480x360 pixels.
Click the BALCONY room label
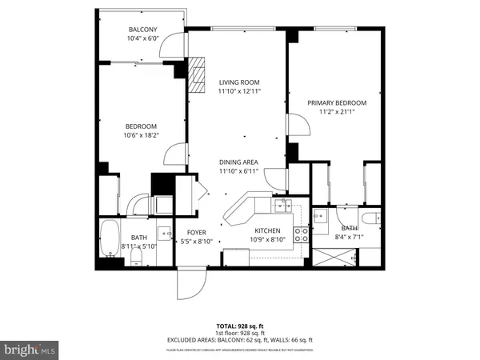click(x=143, y=30)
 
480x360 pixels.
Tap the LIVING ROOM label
click(x=239, y=82)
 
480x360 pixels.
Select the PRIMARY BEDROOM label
click(x=337, y=102)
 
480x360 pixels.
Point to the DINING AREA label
click(x=239, y=162)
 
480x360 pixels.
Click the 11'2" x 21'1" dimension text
click(x=337, y=112)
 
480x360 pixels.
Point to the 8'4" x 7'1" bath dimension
click(x=349, y=236)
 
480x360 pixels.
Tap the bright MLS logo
click(x=30, y=350)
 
